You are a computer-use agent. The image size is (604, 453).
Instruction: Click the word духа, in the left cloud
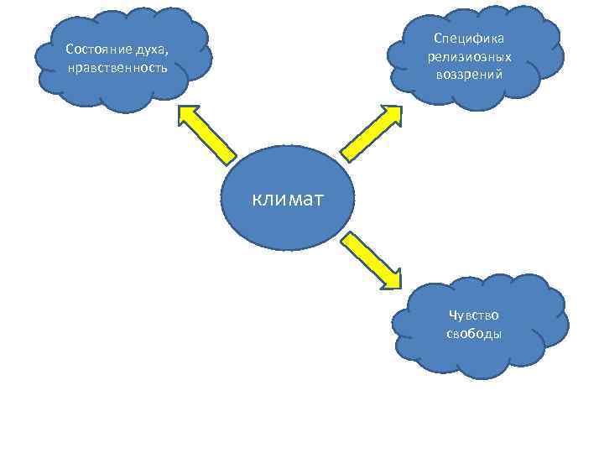coord(148,49)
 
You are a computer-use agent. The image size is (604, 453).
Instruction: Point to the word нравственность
coord(117,66)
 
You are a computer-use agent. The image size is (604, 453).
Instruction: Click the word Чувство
coord(474,315)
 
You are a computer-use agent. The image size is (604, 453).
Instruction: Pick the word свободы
coord(474,333)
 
